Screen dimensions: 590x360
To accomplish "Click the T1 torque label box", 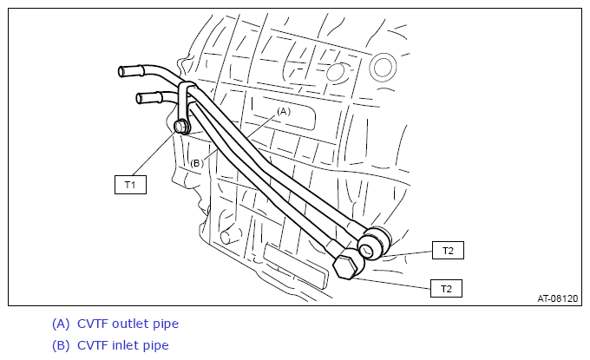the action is (130, 185).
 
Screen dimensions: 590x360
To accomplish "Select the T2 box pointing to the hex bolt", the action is (446, 289).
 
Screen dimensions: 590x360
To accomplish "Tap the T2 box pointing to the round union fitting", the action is (448, 250).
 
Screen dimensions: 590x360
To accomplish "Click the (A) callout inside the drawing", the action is (284, 111).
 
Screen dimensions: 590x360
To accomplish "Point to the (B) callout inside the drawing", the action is (197, 163).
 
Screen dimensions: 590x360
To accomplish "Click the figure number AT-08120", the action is (557, 298).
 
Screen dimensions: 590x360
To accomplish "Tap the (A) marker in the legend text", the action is (61, 324).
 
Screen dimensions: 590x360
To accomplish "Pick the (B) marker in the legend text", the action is (61, 346).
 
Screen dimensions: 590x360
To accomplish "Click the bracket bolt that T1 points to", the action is (181, 127).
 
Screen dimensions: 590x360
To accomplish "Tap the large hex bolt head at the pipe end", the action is (346, 265).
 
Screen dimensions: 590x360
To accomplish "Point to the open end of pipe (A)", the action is (121, 71).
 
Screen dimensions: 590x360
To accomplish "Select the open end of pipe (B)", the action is (139, 99).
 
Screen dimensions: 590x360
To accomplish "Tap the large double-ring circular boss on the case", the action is (383, 67).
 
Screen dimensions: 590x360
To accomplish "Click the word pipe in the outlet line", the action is (166, 324).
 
